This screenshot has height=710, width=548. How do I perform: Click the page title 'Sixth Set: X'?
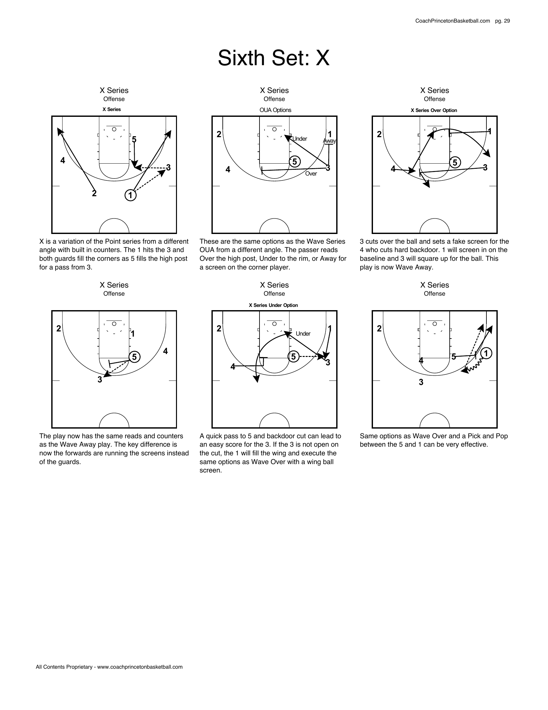point(274,58)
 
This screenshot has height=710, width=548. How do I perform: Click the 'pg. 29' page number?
point(502,21)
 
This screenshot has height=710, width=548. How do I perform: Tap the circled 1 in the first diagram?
point(130,195)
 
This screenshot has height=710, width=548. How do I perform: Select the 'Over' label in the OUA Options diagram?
point(311,174)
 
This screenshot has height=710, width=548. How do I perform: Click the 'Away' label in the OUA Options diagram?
point(329,141)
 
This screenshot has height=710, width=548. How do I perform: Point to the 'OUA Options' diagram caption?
point(275,110)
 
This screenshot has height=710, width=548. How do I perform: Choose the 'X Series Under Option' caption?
point(273,305)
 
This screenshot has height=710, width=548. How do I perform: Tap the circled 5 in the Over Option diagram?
point(455,162)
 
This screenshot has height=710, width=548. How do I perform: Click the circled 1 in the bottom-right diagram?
point(486,353)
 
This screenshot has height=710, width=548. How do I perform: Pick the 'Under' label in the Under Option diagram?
point(303,334)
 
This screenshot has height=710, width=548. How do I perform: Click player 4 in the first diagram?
point(63,160)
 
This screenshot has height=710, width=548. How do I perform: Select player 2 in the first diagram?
point(94,193)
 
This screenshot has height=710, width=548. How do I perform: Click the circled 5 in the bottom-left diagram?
point(134,357)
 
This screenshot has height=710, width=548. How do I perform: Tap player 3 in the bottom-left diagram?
point(100,380)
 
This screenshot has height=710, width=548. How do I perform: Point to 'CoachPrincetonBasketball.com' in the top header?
point(452,21)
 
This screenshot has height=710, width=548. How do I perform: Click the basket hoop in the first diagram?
point(114,129)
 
